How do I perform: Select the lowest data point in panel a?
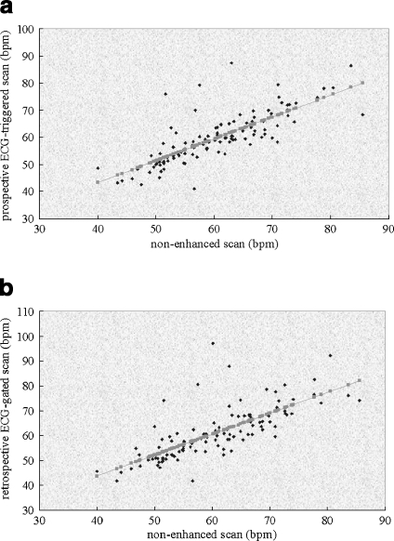point(194,189)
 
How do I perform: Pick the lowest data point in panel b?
point(192,481)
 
